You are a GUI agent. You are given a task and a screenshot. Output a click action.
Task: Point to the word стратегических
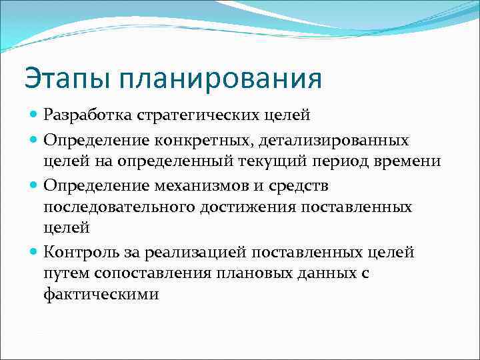coord(193,115)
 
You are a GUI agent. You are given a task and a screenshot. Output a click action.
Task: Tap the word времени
coord(431,161)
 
